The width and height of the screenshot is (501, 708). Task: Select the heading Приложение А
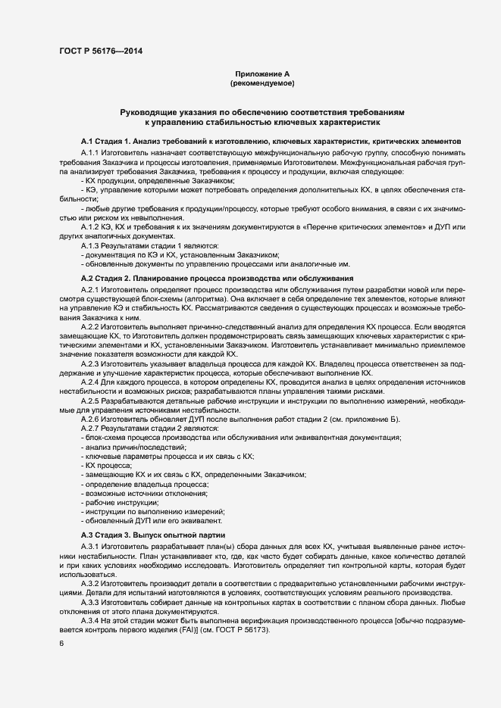pyautogui.click(x=262, y=73)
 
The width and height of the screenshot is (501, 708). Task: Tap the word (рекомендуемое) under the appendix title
pyautogui.click(x=262, y=83)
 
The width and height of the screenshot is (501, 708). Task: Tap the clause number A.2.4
pyautogui.click(x=91, y=382)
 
